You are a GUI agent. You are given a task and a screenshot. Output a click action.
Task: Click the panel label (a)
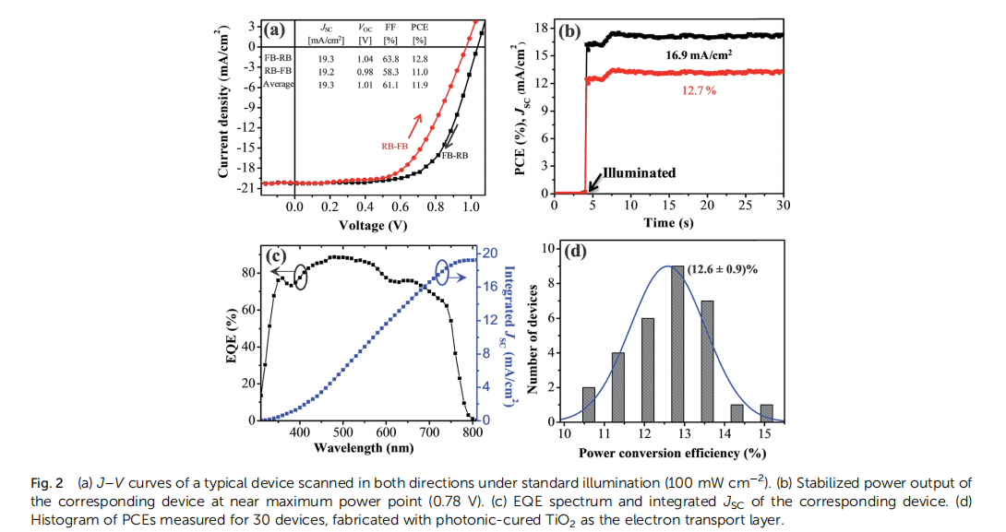[274, 30]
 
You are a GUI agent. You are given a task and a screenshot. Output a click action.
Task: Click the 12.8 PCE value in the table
[419, 57]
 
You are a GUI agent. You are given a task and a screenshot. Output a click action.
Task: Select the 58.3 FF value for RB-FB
[390, 70]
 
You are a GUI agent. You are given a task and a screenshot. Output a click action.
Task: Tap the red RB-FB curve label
[395, 145]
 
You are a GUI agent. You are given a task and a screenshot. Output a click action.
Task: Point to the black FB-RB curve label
[461, 156]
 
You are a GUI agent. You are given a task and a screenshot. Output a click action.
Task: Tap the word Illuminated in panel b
[639, 172]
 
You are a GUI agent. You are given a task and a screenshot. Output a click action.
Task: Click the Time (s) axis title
[668, 224]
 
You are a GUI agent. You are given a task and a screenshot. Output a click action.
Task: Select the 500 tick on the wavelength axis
[342, 432]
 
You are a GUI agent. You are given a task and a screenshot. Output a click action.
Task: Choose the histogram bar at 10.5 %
[589, 404]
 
